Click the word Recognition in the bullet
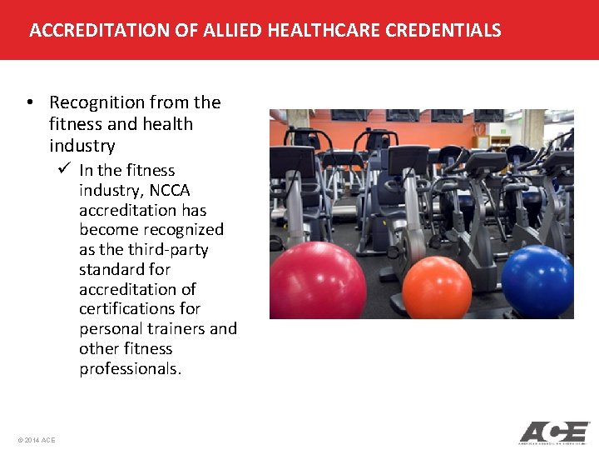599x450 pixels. coord(97,102)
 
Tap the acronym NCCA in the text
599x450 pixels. coord(170,190)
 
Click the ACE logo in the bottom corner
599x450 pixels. coord(554,432)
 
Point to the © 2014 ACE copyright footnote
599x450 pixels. coord(36,439)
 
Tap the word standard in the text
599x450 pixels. coord(112,269)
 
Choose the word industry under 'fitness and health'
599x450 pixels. coord(82,146)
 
